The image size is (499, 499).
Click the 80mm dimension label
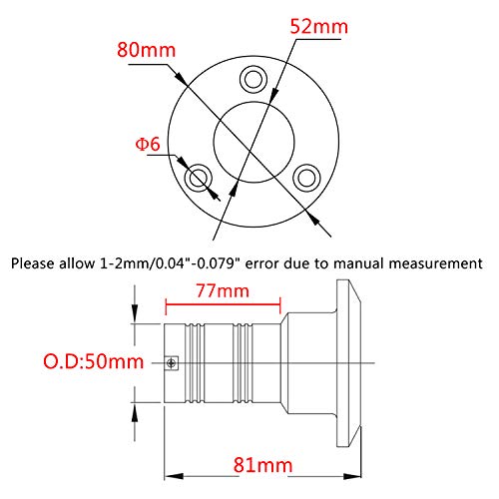coord(146,50)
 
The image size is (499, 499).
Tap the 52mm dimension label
coord(318,27)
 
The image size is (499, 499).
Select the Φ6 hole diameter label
coord(148,144)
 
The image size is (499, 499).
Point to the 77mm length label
coord(223,291)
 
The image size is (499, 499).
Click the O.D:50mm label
coord(94,361)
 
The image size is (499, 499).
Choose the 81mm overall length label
coord(262,465)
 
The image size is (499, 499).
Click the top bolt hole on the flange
coord(253,80)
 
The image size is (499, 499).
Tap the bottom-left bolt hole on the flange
coord(199,178)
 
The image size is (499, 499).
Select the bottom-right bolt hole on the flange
coord(306,178)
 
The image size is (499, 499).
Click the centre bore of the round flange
coord(253,143)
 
